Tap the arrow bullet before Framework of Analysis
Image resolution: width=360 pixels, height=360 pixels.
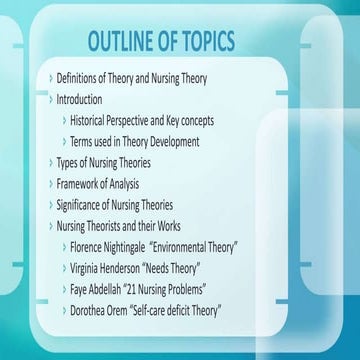point(51,184)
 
